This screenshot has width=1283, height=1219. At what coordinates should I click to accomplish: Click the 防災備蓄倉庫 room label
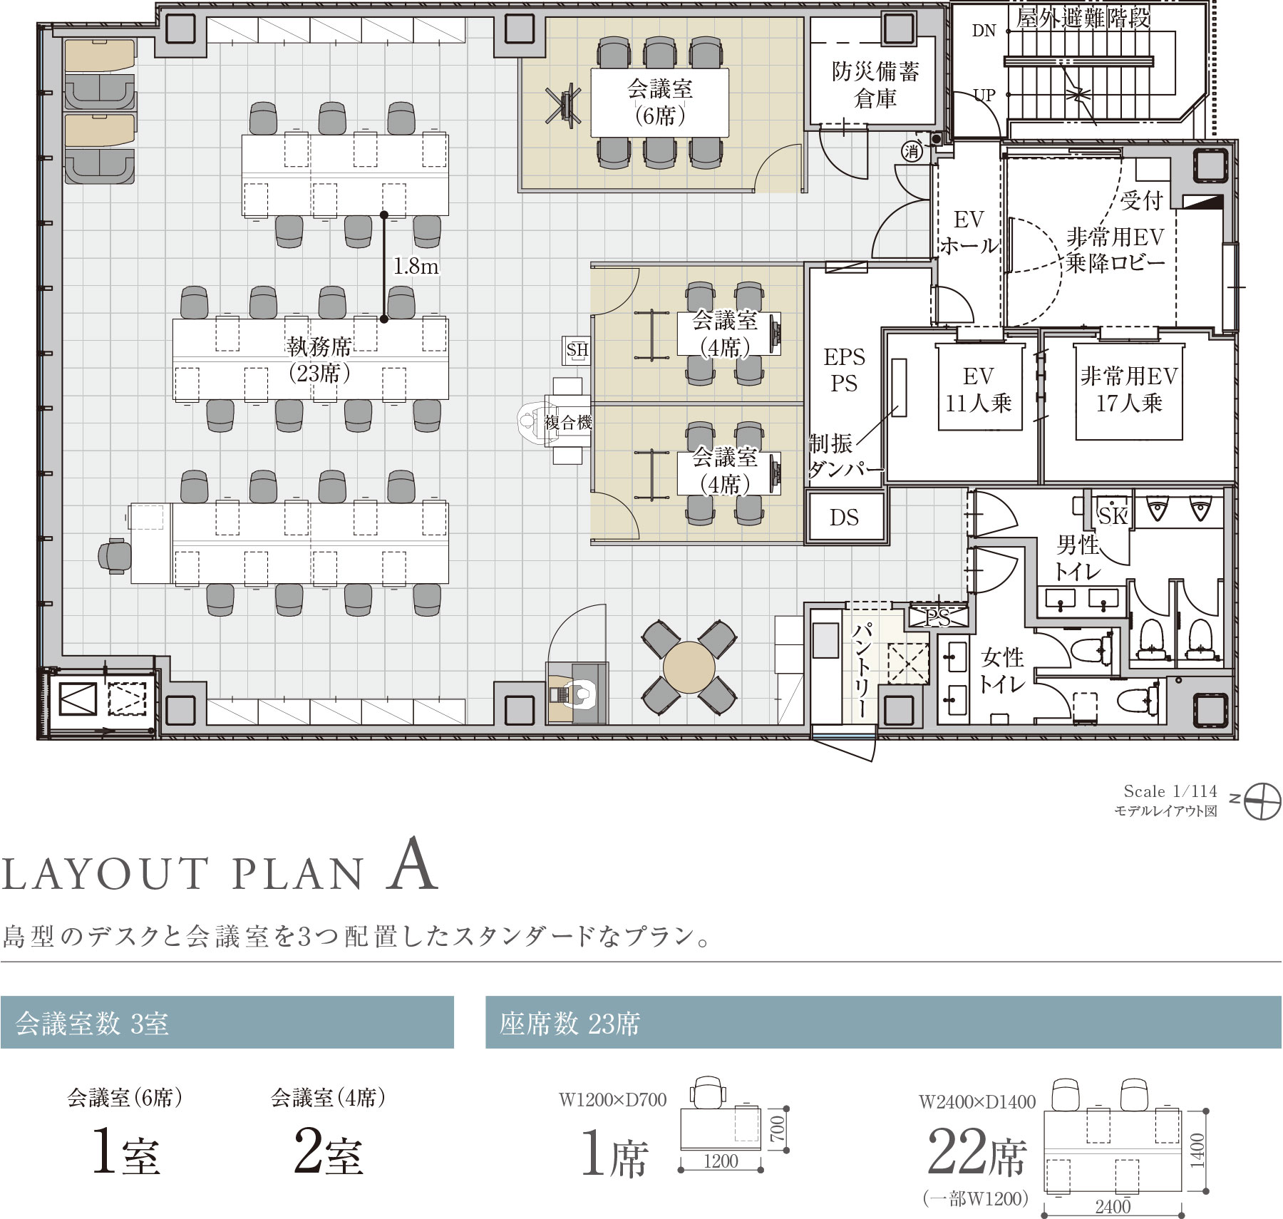coord(875,85)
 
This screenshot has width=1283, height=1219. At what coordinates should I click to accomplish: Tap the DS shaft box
coord(845,517)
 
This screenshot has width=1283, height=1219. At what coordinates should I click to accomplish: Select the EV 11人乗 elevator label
coord(979,389)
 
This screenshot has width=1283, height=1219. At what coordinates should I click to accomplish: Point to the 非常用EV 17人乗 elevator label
coord(1129,389)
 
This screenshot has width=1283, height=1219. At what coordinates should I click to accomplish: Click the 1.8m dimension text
coord(416,266)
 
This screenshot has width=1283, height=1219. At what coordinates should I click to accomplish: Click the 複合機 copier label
coord(568,422)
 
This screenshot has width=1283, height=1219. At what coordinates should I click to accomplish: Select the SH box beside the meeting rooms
coord(577,350)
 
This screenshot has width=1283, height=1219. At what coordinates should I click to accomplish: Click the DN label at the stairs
coord(984,30)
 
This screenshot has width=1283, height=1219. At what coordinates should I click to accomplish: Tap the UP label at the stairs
coord(984,95)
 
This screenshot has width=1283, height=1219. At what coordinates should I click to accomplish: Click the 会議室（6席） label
coord(660,102)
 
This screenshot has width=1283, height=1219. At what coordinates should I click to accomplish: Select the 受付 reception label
coord(1142,201)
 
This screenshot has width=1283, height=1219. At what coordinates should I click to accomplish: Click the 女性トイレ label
coord(1001,670)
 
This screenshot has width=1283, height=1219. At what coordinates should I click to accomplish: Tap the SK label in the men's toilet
coord(1113,515)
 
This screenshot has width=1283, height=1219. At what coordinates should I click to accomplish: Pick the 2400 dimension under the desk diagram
coord(1113,1206)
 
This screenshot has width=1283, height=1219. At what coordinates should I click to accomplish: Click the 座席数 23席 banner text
coord(570,1024)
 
